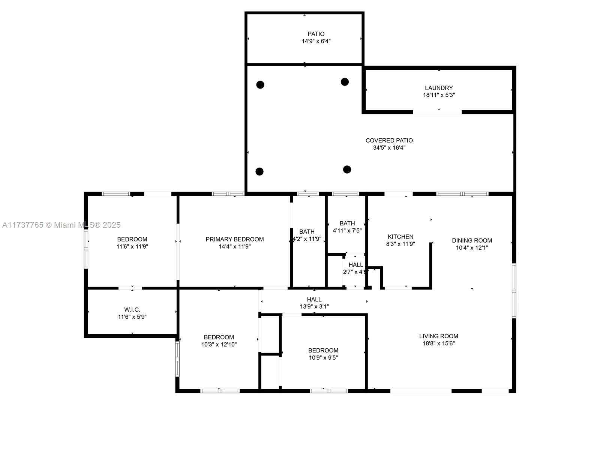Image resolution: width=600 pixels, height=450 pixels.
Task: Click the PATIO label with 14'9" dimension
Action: point(316,34)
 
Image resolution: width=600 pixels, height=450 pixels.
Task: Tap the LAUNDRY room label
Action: point(439,88)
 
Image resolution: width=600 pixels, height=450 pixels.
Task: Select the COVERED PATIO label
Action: point(389,140)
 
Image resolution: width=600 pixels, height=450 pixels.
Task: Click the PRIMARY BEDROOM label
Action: point(234,239)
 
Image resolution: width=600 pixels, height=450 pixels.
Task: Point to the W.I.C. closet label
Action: point(132,310)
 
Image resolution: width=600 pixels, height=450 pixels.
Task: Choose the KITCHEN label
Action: point(400,237)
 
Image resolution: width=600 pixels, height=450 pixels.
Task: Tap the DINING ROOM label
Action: point(472,240)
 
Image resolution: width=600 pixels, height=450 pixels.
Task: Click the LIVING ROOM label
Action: point(439,336)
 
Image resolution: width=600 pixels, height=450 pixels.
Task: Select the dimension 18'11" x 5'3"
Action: point(439,95)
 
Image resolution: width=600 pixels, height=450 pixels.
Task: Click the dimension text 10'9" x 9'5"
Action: point(323,358)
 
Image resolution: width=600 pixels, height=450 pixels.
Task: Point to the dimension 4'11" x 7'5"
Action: point(347,231)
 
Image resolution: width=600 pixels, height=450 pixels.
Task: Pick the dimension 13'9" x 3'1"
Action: point(314,306)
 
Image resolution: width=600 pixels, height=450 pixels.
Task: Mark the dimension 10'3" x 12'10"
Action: point(219,345)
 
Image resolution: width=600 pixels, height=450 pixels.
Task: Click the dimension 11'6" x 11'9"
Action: point(132,246)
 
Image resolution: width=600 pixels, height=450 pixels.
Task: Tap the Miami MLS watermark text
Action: point(61,225)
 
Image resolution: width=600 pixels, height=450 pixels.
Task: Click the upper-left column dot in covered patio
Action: point(260,85)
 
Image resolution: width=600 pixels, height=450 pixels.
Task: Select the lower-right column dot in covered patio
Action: point(347,169)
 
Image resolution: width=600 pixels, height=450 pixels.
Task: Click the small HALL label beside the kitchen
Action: point(355,265)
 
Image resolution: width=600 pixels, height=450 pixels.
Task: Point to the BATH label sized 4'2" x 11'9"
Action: point(307,232)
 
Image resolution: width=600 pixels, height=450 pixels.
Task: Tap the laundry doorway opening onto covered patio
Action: point(437,112)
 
